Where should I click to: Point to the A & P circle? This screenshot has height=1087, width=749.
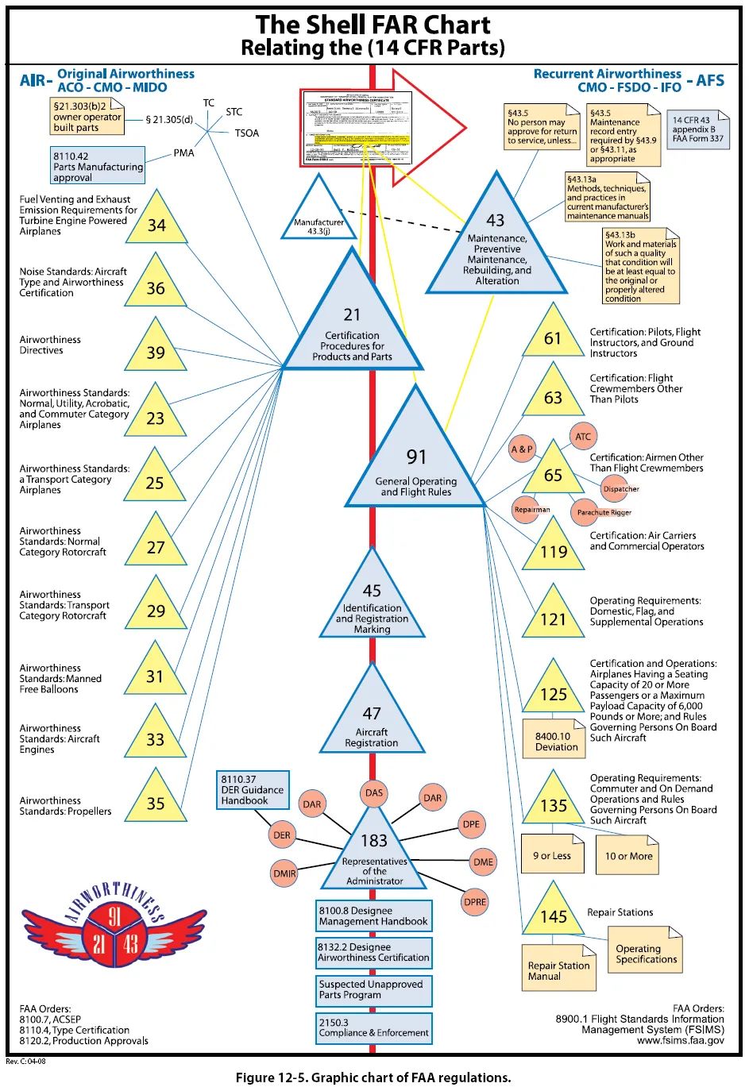coord(522,449)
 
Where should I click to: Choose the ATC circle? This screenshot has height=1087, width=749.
coord(583,437)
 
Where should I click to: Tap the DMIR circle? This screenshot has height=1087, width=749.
coord(284,873)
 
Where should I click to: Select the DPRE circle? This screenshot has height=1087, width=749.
coord(474,902)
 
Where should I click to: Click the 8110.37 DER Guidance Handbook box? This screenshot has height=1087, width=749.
coord(252,790)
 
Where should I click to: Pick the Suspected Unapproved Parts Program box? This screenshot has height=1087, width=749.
coord(373,989)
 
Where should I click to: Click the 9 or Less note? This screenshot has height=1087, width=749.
coord(552,855)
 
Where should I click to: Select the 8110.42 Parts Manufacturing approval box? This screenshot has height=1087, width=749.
coord(98,167)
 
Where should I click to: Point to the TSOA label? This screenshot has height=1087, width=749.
coord(246,133)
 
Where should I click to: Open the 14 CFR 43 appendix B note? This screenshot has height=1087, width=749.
coord(698,129)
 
